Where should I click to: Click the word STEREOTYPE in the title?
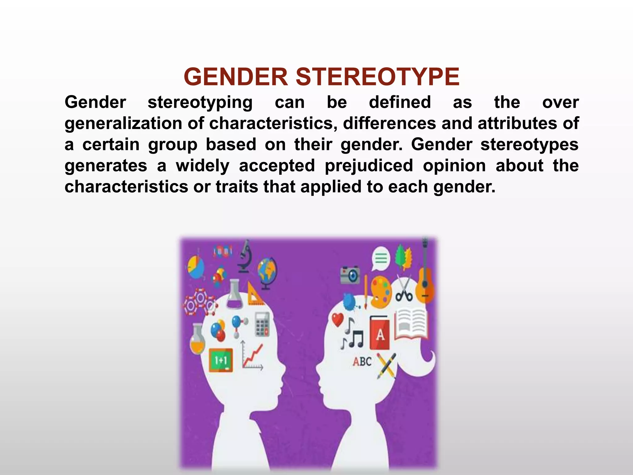(x=377, y=77)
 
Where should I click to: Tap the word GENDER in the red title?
(x=236, y=77)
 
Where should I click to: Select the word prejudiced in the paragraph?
(x=369, y=165)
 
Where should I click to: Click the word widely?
(x=202, y=165)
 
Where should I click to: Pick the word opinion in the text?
(x=454, y=165)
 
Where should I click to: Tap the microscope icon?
(x=245, y=256)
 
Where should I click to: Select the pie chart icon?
(x=195, y=267)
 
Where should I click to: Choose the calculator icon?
(x=262, y=324)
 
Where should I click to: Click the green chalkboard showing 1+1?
(x=221, y=360)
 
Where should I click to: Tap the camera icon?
(x=350, y=275)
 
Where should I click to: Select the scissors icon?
(x=404, y=289)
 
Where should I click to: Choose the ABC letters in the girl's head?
(x=362, y=361)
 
